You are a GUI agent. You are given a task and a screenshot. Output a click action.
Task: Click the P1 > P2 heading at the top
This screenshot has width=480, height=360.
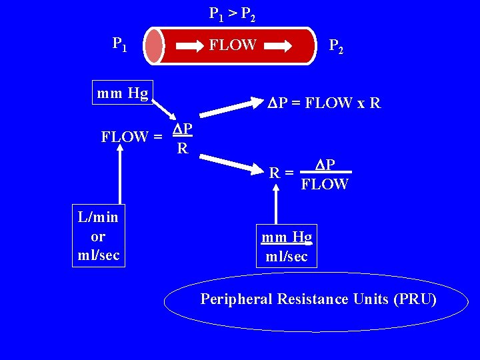232,13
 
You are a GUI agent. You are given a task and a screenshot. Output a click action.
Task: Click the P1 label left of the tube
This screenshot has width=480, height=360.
121,45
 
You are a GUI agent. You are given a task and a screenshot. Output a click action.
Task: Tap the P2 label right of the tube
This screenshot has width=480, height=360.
336,46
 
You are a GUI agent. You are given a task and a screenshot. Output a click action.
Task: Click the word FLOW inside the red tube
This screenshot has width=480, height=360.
233,45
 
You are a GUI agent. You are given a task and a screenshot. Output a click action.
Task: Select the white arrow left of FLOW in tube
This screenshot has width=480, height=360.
191,46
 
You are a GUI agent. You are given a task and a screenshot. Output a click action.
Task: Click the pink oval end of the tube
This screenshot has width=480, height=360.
154,46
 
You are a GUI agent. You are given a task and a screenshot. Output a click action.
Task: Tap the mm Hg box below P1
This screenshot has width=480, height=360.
123,92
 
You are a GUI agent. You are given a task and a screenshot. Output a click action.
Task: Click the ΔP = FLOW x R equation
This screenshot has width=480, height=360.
325,103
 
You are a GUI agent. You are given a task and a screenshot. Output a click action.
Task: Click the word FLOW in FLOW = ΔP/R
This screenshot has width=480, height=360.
125,137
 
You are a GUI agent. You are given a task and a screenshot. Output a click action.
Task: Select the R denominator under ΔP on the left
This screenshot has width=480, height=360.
182,148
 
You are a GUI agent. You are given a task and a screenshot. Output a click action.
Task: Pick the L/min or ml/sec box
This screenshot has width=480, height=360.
98,236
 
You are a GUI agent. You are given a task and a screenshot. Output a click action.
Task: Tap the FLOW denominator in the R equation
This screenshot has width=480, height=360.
325,184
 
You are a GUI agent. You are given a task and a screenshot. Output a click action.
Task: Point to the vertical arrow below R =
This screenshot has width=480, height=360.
277,203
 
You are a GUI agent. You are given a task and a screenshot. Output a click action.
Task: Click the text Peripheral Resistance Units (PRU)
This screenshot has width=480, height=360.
319,299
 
